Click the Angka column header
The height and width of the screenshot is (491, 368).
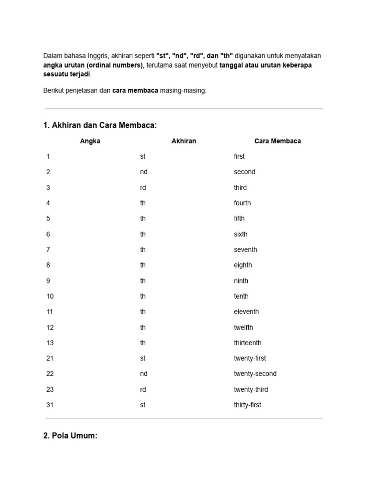tap(90, 141)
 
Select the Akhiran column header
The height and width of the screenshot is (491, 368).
tap(184, 141)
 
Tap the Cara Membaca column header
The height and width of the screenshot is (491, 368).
tap(277, 141)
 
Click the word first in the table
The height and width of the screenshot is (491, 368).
tap(239, 156)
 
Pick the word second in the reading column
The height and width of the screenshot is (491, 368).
tap(244, 172)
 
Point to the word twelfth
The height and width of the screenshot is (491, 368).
tap(243, 327)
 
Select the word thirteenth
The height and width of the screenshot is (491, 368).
tap(247, 343)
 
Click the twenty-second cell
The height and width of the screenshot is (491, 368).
tap(255, 374)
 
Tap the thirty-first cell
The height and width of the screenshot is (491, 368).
tap(247, 405)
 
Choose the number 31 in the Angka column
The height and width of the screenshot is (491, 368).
tap(50, 405)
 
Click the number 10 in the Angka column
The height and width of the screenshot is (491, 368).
tap(50, 296)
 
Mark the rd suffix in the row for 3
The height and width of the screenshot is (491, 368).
tap(143, 187)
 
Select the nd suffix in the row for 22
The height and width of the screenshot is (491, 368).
tap(143, 374)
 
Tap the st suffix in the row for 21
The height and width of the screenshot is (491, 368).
tap(142, 358)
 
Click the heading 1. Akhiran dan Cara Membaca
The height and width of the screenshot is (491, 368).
tap(100, 125)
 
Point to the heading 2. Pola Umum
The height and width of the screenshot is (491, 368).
tap(70, 436)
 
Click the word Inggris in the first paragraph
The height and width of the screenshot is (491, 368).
tap(99, 56)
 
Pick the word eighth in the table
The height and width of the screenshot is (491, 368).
tap(242, 265)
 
